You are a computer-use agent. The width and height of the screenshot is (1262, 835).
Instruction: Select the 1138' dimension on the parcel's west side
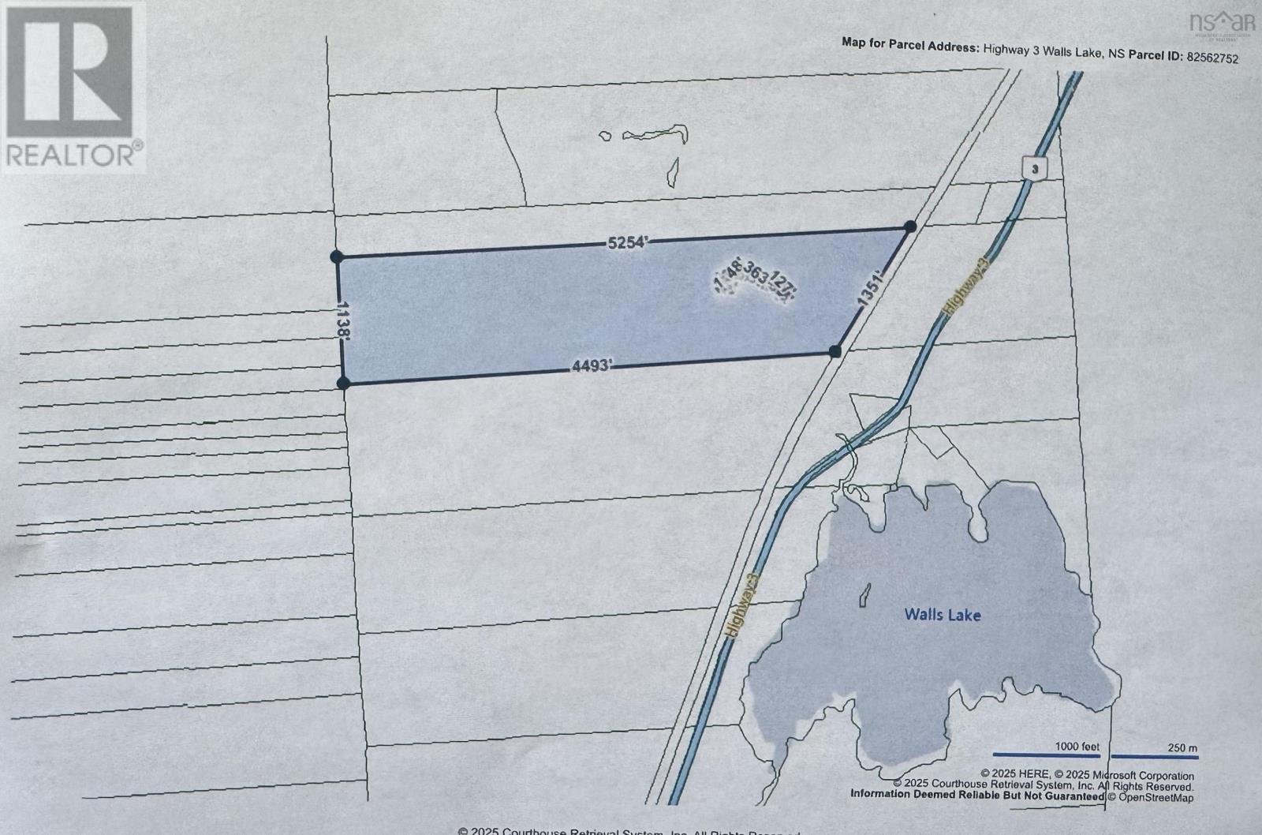[x=343, y=319]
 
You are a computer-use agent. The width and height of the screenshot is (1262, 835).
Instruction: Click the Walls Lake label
[x=943, y=614]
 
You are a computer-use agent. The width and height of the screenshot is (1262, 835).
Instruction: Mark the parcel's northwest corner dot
[x=337, y=256]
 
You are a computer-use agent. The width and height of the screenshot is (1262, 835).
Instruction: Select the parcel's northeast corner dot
[x=909, y=227]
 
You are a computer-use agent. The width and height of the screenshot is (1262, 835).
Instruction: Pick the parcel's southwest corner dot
[x=343, y=384]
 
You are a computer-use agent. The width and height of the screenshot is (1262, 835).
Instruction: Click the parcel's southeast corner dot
[x=836, y=351]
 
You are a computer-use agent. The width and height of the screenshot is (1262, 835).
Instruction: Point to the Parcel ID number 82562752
[x=1212, y=58]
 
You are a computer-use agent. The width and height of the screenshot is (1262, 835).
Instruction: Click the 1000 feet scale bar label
[x=1077, y=747]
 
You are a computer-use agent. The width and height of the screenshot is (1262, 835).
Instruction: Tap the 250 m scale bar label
[x=1182, y=747]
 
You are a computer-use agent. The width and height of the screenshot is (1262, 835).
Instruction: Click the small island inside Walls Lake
[x=864, y=594]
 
